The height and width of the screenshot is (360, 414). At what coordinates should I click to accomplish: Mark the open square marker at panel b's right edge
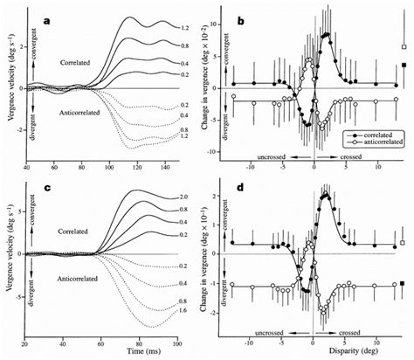404,47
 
